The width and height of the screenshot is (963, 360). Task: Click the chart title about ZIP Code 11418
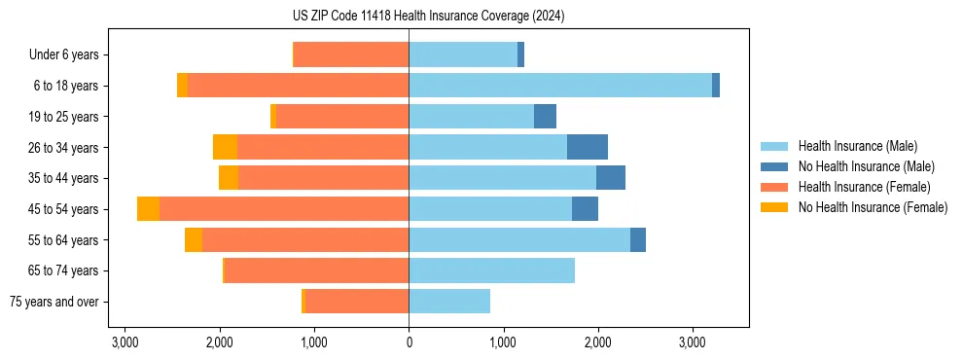428,17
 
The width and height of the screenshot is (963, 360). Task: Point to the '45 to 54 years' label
63,209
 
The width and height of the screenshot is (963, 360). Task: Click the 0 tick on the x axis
409,343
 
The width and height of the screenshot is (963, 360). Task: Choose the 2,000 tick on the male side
597,343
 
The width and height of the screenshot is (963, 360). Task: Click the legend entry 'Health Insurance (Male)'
857,146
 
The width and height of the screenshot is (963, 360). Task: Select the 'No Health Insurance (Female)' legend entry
873,207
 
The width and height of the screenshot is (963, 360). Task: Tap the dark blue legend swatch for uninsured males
774,166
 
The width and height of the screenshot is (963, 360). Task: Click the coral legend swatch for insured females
774,187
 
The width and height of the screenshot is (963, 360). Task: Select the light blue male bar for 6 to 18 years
560,86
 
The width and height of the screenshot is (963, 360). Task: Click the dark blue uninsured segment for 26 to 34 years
588,147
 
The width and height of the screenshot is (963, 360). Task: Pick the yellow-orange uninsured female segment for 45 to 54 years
148,209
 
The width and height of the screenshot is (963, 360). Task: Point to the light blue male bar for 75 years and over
449,302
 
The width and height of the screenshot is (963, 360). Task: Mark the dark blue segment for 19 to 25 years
545,117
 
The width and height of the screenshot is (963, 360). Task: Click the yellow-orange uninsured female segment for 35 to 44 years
229,178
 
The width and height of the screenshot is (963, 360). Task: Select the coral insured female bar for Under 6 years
351,54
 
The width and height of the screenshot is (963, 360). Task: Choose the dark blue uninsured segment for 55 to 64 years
638,239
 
